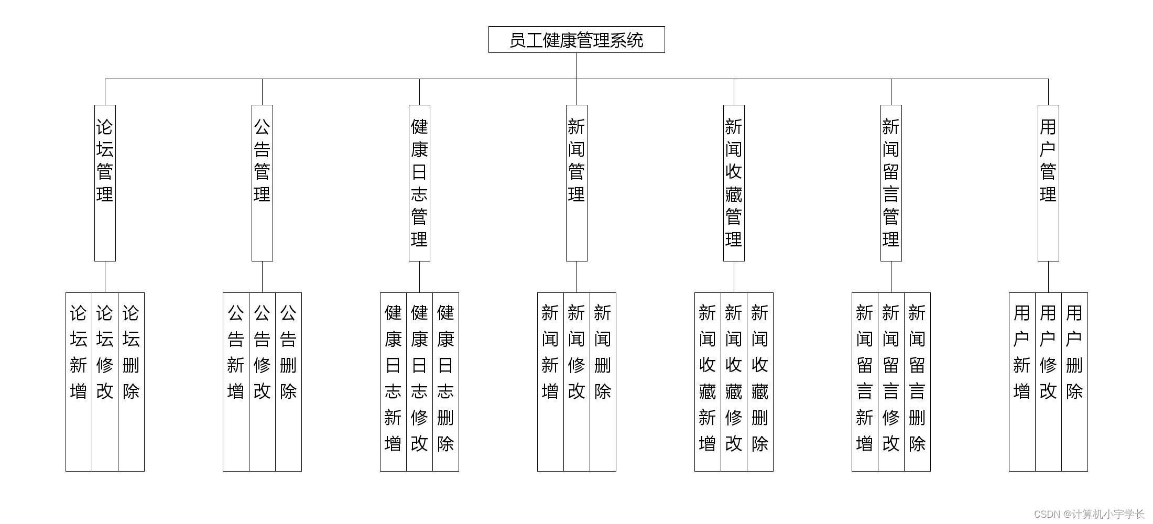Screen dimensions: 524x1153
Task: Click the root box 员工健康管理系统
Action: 576,40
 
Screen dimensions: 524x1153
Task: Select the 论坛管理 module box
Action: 105,182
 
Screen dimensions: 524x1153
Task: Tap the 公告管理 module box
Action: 262,182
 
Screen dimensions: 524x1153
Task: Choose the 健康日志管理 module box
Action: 419,182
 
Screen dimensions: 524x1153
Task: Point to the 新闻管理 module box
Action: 576,182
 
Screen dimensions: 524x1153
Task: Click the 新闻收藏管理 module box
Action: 734,182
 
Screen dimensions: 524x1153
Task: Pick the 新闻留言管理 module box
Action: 891,182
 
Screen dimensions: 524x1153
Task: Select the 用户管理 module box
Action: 1048,182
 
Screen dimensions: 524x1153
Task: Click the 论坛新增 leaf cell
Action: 79,381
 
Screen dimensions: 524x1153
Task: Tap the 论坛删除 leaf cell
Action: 131,381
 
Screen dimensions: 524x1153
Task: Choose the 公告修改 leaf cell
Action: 262,381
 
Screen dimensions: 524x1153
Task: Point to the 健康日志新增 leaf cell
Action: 393,381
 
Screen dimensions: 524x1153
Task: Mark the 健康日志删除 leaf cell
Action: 445,381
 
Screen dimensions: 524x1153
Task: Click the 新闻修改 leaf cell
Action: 576,381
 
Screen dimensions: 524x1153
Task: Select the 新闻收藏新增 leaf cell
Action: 708,381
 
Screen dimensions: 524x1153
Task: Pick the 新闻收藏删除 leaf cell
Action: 760,381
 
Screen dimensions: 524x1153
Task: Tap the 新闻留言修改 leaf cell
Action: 891,381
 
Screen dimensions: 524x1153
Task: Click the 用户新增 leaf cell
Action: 1022,381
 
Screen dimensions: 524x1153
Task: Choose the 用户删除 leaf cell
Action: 1074,381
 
